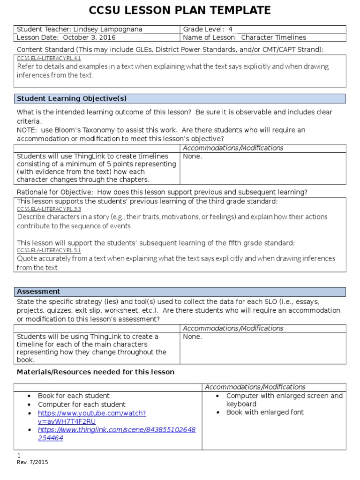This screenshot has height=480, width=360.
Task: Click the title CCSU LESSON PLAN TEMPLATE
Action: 180,10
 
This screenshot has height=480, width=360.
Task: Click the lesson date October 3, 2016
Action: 89,37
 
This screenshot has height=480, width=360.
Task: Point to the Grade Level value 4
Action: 230,29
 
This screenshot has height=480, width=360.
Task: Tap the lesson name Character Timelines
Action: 273,37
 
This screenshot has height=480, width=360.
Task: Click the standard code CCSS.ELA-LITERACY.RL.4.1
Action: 49,59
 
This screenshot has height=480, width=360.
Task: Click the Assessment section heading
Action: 38,292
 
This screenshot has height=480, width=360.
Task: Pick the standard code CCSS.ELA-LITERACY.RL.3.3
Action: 49,209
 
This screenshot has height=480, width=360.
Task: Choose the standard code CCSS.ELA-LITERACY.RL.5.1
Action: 49,251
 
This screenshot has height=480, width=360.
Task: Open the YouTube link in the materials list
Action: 92,417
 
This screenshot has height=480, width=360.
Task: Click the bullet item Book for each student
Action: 74,396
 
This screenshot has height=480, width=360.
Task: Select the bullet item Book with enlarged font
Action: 265,412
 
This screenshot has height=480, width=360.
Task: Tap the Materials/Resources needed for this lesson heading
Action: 96,372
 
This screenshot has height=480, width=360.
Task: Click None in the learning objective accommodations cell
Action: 193,157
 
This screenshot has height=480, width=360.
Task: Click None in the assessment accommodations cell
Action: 193,337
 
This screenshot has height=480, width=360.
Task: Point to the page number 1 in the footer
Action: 19,456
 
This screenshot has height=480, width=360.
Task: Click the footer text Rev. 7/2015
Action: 32,462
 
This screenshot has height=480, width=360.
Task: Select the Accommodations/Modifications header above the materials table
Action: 255,387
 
